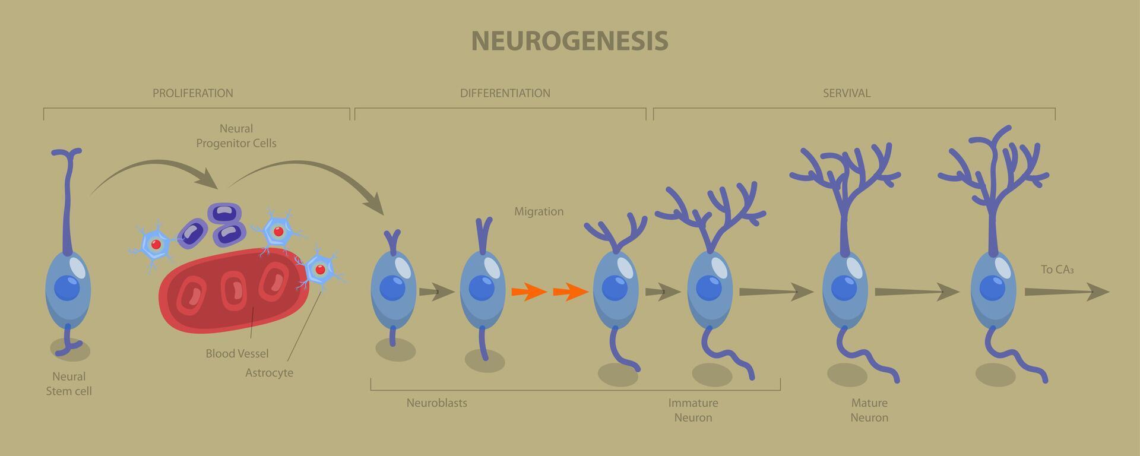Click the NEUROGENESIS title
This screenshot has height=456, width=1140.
point(569,41)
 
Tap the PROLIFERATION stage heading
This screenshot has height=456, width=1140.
point(192,93)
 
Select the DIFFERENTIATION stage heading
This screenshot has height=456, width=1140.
point(505,93)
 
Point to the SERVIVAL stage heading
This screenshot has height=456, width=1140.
point(846,93)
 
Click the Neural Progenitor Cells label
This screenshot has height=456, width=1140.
point(236,136)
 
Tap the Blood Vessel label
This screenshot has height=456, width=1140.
point(237,354)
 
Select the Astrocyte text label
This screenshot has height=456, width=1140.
point(269,373)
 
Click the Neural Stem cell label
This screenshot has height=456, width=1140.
point(69,384)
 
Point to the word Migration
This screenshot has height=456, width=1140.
point(539,211)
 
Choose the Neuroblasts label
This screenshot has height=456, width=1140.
point(436,403)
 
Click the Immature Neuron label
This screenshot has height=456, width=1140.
point(693,410)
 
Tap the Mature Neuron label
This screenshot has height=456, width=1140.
point(869,410)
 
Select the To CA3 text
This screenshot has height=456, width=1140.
point(1057,270)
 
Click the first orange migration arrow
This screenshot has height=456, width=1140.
point(528,292)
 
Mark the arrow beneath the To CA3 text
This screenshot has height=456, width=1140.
point(1066,292)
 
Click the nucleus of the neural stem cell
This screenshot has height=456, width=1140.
point(67,288)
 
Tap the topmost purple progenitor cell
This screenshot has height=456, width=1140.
point(224,213)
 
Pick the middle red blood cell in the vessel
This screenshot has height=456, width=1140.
point(233,290)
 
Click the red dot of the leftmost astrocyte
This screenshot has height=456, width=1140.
point(156,245)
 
